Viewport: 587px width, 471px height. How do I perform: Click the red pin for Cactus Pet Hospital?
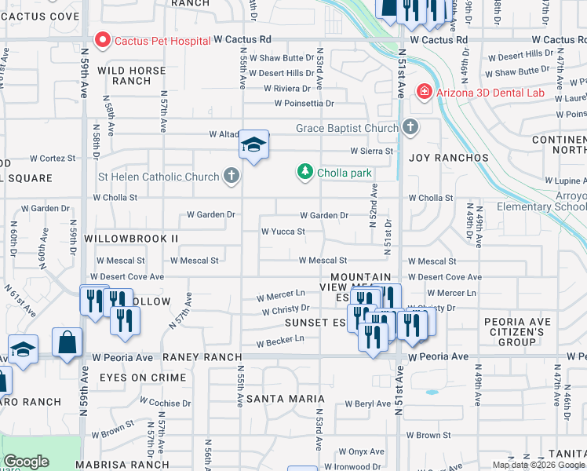point(102,39)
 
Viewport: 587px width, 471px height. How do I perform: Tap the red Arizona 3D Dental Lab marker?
point(425,92)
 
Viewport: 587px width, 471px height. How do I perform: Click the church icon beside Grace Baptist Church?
point(410,127)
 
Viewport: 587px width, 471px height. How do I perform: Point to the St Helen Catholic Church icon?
point(231,176)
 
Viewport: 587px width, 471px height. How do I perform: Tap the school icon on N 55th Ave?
point(253,145)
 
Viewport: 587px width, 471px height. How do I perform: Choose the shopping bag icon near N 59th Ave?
point(67,342)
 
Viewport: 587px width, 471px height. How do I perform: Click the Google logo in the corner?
point(26,462)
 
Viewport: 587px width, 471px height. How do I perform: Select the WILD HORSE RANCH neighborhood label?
point(131,75)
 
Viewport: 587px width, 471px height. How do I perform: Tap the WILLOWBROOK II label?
point(131,238)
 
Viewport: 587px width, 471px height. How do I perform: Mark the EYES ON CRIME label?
point(143,378)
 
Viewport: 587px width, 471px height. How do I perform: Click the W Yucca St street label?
point(283,232)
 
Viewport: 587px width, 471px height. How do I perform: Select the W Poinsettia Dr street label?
point(304,103)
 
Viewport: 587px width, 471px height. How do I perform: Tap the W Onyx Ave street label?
point(361,451)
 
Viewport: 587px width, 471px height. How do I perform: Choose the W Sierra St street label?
point(371,151)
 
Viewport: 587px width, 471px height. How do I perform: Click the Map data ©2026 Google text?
point(538,465)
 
